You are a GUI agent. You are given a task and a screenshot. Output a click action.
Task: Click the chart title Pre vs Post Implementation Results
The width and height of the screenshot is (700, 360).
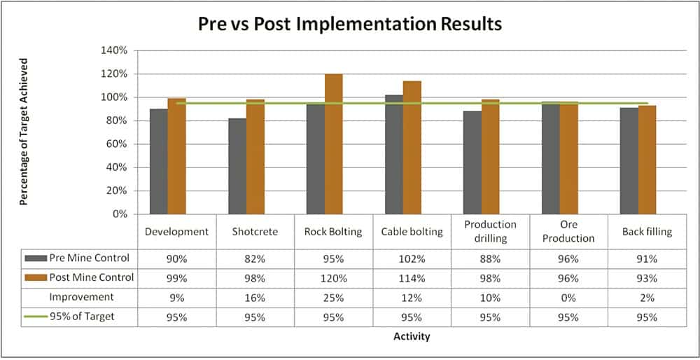pyautogui.click(x=350, y=24)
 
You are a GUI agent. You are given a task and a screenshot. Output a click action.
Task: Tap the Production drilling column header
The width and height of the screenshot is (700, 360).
pyautogui.click(x=490, y=231)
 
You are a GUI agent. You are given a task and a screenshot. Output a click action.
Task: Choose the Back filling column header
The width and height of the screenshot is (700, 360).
pyautogui.click(x=647, y=232)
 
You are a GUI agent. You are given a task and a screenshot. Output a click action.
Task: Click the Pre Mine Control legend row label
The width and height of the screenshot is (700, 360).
pyautogui.click(x=89, y=258)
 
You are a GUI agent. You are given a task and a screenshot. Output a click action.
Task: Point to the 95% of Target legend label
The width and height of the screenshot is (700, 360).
pyautogui.click(x=81, y=317)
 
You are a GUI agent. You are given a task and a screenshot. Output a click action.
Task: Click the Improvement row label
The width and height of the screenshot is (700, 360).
pyautogui.click(x=81, y=297)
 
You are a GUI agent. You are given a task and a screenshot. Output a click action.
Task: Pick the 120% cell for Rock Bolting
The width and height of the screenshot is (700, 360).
pyautogui.click(x=333, y=277)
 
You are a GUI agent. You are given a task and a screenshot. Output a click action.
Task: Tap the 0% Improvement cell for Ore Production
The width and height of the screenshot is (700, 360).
pyautogui.click(x=568, y=297)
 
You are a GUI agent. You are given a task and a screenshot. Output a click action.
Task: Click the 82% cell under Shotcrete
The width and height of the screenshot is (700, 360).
pyautogui.click(x=255, y=258)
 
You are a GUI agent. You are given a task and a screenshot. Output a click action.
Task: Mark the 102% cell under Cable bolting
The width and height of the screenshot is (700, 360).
pyautogui.click(x=412, y=258)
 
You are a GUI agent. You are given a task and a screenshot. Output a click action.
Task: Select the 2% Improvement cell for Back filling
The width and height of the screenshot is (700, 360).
pyautogui.click(x=647, y=297)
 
